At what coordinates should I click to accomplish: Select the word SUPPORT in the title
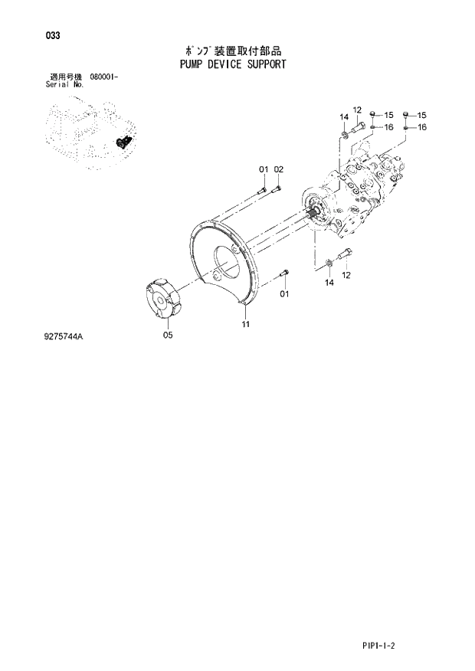click(264, 64)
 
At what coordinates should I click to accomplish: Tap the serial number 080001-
click(108, 78)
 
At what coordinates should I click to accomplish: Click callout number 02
click(279, 169)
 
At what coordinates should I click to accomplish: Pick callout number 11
click(246, 325)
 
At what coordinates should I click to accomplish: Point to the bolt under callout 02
click(278, 185)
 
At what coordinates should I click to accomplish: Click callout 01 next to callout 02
click(263, 169)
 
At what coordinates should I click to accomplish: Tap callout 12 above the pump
click(357, 110)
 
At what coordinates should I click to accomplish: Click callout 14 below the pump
click(329, 283)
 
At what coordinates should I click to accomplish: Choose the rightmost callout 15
click(421, 115)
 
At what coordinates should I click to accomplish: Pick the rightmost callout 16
click(421, 127)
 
